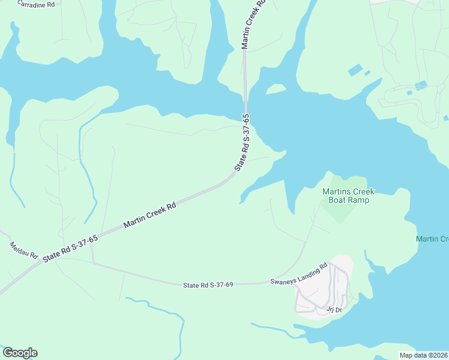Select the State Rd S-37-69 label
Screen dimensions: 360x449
tap(208, 284)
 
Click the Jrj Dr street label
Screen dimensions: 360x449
tap(334, 310)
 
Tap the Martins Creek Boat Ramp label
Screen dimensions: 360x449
tap(348, 196)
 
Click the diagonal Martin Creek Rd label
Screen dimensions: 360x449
tap(149, 215)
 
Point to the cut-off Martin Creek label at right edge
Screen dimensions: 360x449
tap(432, 239)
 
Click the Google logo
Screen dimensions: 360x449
tap(20, 353)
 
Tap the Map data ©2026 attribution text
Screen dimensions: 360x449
tap(423, 355)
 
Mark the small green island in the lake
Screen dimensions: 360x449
tap(276, 89)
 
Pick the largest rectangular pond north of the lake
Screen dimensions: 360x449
tap(355, 70)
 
